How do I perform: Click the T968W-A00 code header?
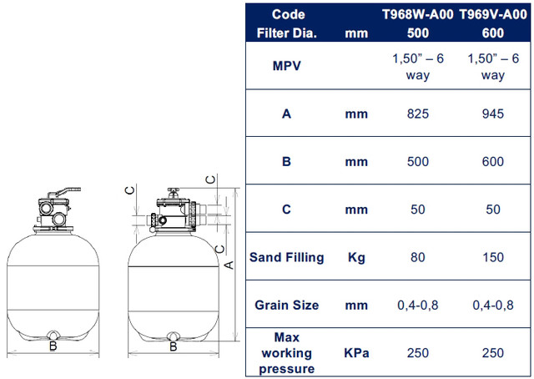417,14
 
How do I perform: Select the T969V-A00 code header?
493,14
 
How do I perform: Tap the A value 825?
417,114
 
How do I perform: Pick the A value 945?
493,114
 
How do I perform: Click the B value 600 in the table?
493,161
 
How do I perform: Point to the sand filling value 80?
417,257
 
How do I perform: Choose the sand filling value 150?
493,257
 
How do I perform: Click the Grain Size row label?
287,305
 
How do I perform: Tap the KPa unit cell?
356,353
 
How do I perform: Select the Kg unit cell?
356,258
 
